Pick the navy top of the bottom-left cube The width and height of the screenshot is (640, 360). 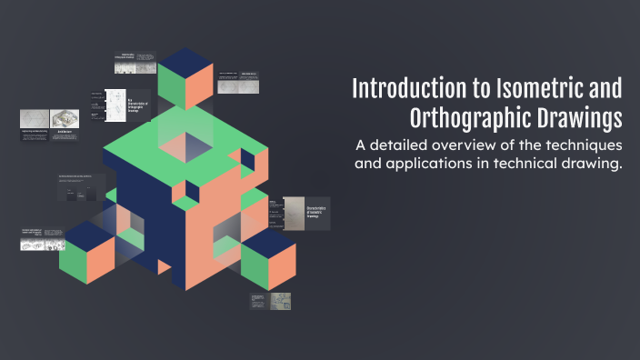click(88, 232)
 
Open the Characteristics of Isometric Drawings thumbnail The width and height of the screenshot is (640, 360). click(305, 213)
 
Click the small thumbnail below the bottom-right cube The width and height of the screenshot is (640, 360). click(271, 301)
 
